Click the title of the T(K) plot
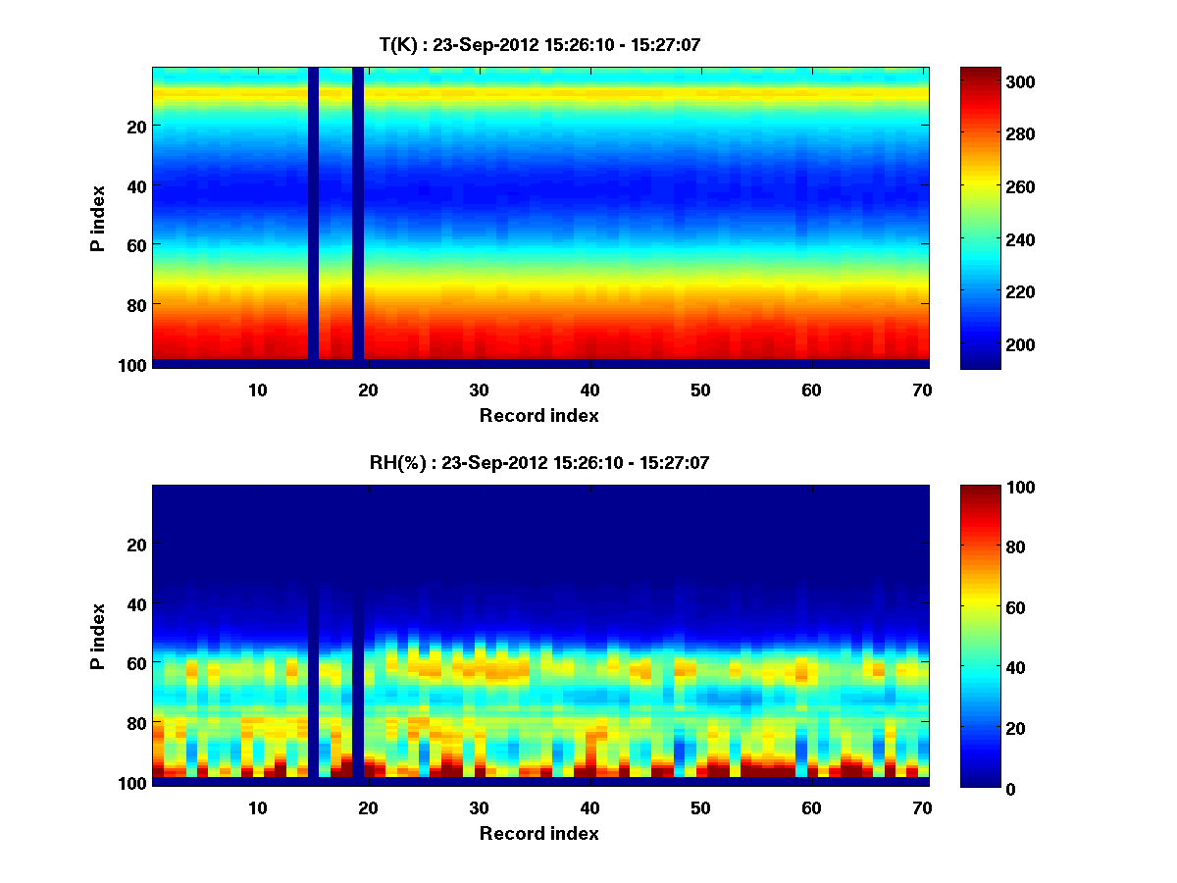(539, 44)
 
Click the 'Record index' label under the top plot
(539, 415)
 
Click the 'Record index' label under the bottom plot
(539, 833)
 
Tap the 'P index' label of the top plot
(97, 218)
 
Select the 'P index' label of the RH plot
(97, 636)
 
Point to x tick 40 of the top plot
(589, 390)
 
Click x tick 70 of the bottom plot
(922, 807)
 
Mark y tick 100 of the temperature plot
(134, 365)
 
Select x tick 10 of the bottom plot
(257, 807)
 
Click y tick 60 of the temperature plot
(138, 245)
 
